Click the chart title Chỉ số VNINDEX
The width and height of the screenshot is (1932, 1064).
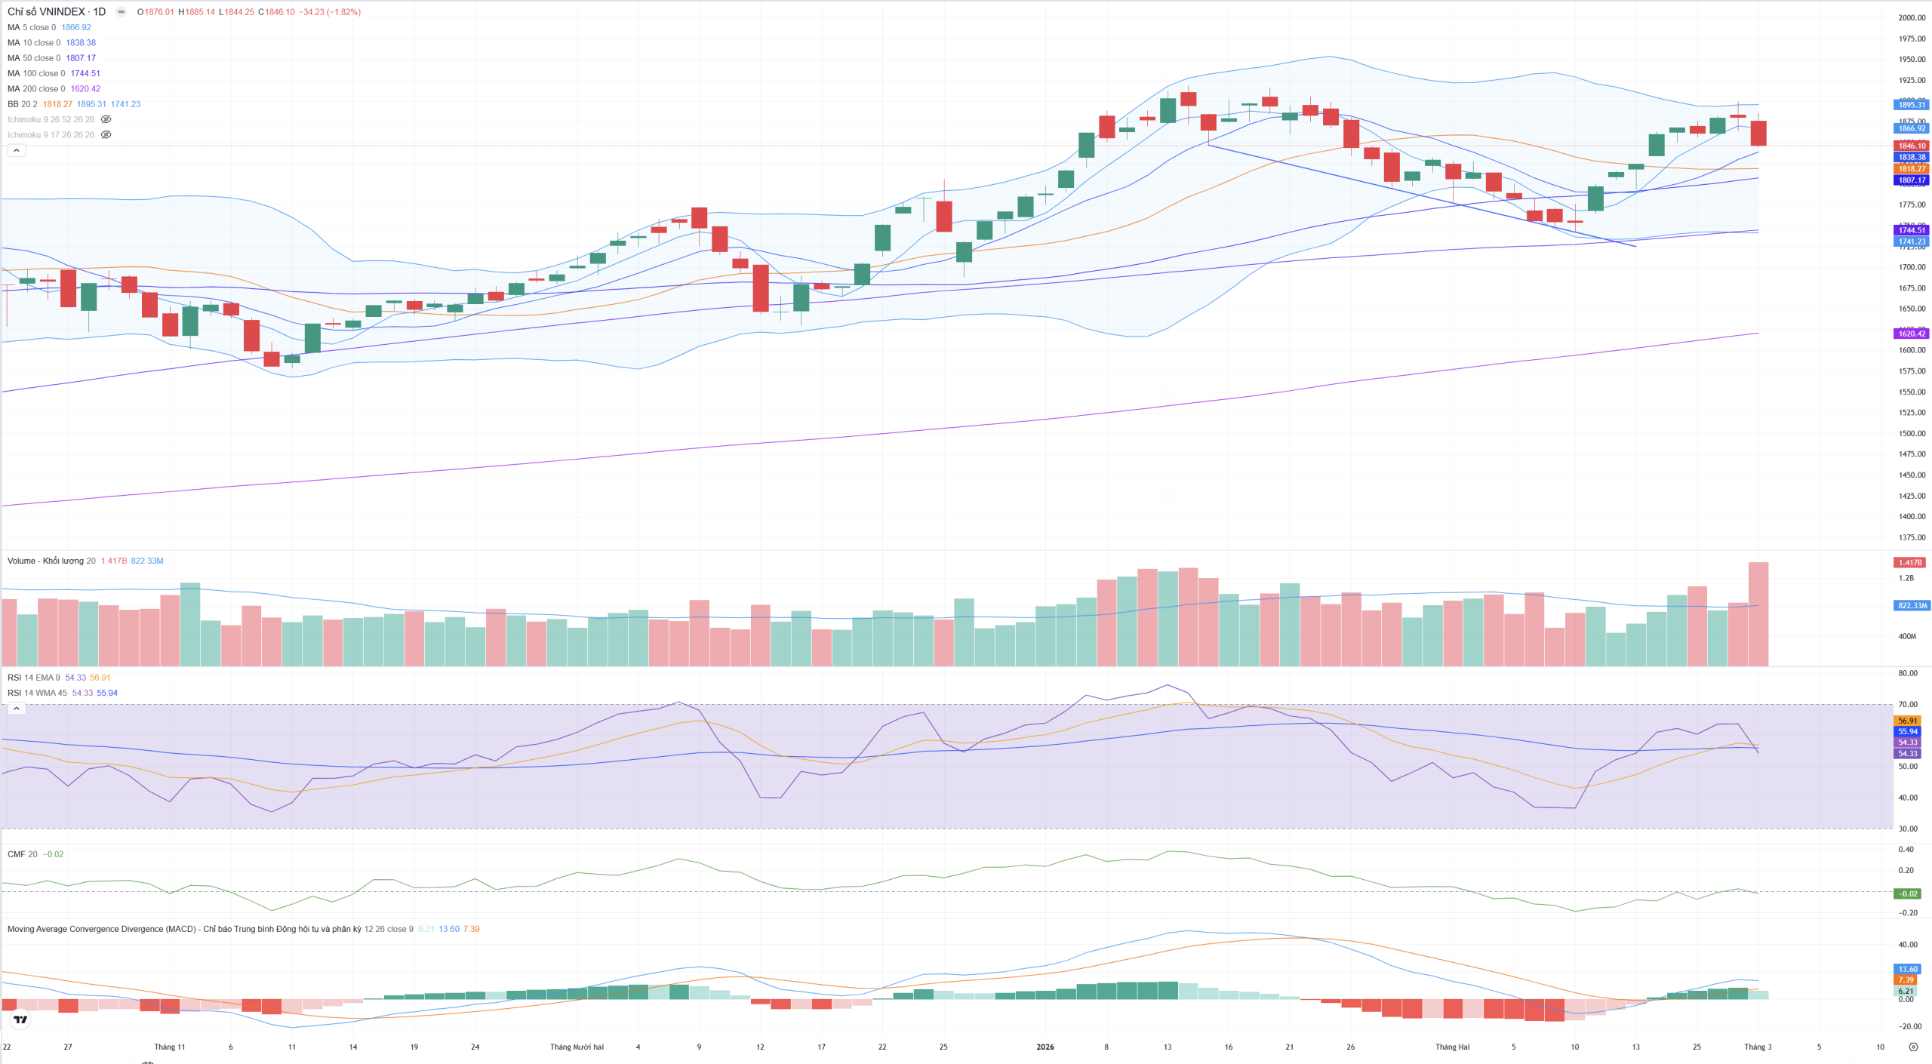(46, 12)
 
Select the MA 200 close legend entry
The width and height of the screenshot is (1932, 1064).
(35, 89)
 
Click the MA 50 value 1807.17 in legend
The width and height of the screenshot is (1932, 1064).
(81, 58)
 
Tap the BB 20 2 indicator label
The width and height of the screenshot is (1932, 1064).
(22, 104)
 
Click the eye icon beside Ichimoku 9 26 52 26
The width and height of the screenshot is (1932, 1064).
(106, 119)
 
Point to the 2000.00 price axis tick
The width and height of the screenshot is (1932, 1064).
(1912, 18)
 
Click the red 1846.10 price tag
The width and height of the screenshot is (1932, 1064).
(1912, 146)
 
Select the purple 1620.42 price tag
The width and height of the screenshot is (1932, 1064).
(1912, 334)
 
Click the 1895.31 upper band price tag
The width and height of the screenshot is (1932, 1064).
(1912, 105)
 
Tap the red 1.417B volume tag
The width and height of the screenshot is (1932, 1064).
(1909, 562)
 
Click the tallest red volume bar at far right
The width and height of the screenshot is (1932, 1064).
(1758, 614)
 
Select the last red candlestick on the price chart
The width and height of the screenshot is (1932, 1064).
(1758, 133)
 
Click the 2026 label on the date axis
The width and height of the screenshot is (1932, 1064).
(1045, 1047)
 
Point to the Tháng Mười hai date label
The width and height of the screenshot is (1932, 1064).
(577, 1047)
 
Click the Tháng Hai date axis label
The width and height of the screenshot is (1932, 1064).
(1452, 1047)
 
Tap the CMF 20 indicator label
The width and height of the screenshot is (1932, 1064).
(22, 854)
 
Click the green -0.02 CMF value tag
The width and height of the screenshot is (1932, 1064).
(1908, 893)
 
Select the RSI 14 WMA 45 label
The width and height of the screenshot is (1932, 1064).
(37, 693)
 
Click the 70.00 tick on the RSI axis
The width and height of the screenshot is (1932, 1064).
(1908, 705)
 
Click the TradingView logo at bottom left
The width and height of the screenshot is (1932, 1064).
(21, 1019)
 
